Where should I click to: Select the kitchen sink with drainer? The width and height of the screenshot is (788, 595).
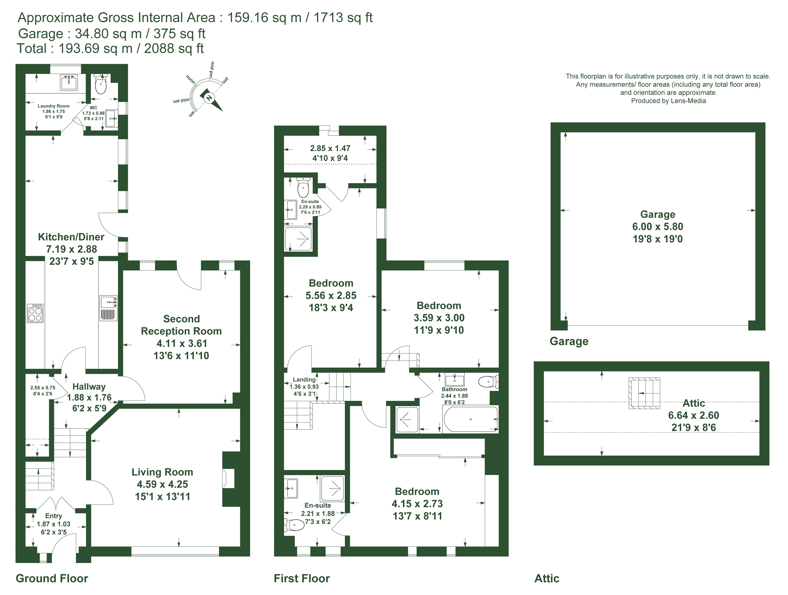pyautogui.click(x=108, y=308)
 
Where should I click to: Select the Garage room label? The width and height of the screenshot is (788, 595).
pyautogui.click(x=658, y=214)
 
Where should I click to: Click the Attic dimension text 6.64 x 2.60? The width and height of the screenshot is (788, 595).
pyautogui.click(x=694, y=415)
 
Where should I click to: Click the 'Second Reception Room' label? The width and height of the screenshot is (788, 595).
pyautogui.click(x=181, y=325)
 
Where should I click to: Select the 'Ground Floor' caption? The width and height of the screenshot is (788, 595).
pyautogui.click(x=52, y=578)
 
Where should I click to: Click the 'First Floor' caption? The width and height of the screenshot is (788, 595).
pyautogui.click(x=302, y=578)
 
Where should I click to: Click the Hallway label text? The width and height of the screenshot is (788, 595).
pyautogui.click(x=89, y=387)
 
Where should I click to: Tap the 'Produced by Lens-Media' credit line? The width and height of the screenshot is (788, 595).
pyautogui.click(x=668, y=101)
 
